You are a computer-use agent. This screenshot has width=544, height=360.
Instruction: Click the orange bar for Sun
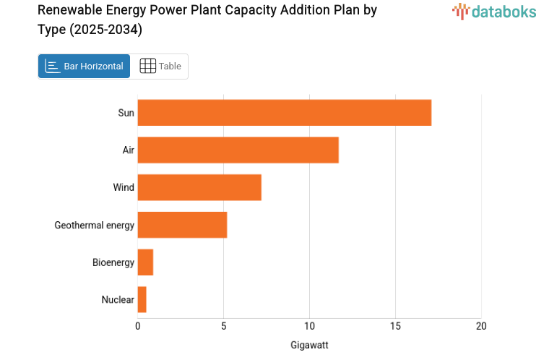[x=284, y=113]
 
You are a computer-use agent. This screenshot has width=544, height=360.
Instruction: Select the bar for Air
[x=238, y=150]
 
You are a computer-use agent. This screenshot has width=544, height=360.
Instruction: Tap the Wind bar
[x=199, y=187]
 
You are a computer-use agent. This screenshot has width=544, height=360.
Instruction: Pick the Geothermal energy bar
[x=182, y=225]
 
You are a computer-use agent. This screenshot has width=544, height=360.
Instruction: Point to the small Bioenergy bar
[x=145, y=262]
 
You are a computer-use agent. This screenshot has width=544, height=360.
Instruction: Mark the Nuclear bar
[x=142, y=300]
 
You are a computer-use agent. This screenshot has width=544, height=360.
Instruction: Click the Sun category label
[x=126, y=113]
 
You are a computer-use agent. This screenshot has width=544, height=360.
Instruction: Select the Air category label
[x=128, y=150]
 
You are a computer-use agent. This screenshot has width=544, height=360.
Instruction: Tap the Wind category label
[x=124, y=187]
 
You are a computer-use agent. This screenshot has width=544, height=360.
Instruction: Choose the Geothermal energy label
[x=95, y=225]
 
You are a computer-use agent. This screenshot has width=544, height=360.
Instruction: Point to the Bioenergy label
[x=113, y=262]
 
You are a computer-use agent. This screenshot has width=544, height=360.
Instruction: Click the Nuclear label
[x=118, y=300]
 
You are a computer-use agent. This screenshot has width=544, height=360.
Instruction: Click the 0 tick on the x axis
[x=138, y=326]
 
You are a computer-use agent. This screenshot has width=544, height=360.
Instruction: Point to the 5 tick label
[x=224, y=326]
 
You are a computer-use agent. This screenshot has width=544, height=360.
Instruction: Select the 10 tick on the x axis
[x=310, y=326]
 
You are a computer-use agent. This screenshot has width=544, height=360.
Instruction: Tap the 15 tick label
[x=395, y=326]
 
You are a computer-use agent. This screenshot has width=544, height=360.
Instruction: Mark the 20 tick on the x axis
[x=481, y=326]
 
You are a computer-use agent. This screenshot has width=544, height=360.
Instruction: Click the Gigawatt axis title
[x=309, y=345]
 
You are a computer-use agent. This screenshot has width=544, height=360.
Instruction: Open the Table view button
[x=160, y=67]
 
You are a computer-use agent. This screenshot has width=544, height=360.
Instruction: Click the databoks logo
[x=494, y=11]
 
